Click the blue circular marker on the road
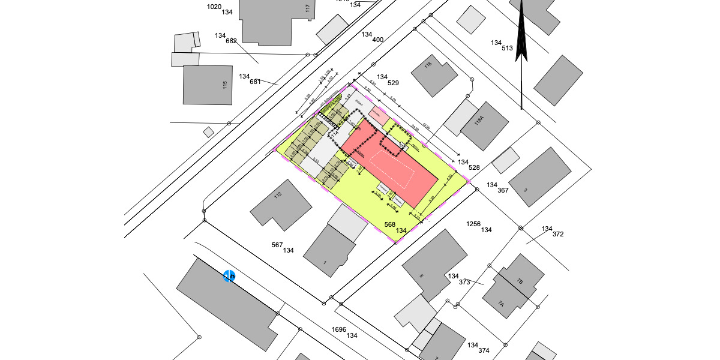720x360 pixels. click(x=229, y=276)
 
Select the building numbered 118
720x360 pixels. click(x=437, y=75)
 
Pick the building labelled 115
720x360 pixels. click(x=208, y=85)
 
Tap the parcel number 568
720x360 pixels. click(x=390, y=224)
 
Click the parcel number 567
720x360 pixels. click(x=277, y=245)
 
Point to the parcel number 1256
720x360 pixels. click(x=474, y=224)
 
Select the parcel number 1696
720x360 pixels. click(x=339, y=329)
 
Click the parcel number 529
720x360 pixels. click(x=394, y=83)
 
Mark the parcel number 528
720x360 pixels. click(x=474, y=168)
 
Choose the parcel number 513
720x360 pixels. click(x=508, y=48)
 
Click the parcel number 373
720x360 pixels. click(x=464, y=282)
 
